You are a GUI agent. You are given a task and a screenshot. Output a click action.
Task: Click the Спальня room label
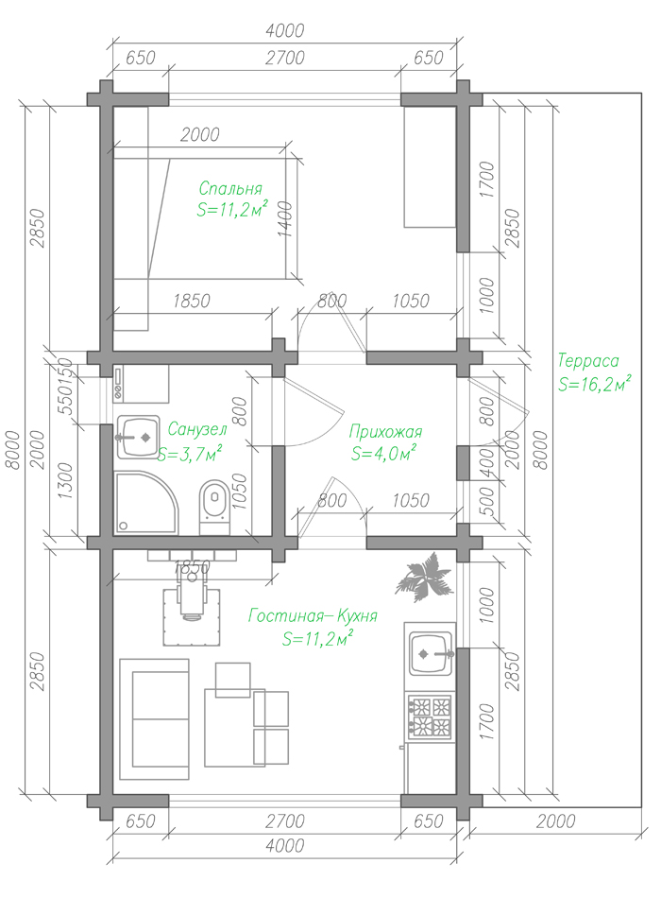click(230, 188)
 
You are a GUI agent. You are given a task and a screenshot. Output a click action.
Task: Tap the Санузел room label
click(197, 428)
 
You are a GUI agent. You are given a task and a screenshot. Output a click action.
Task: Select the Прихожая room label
click(385, 431)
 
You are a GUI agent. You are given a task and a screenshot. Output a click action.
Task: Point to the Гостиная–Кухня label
click(313, 615)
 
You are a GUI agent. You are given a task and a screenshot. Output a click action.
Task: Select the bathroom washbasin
click(138, 437)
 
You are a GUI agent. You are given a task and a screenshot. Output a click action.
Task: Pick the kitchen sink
click(431, 653)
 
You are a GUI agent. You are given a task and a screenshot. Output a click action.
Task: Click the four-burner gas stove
click(431, 716)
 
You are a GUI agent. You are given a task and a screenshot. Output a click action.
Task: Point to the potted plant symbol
click(424, 577)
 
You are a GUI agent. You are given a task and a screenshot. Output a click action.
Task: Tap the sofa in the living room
click(155, 718)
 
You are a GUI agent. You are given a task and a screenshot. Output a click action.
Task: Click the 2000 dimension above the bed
click(200, 134)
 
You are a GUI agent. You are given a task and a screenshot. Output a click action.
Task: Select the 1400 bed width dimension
click(286, 218)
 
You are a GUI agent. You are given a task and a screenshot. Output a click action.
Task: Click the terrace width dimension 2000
click(555, 821)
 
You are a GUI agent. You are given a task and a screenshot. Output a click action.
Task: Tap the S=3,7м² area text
click(190, 454)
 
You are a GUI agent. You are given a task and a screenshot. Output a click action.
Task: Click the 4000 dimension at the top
click(284, 30)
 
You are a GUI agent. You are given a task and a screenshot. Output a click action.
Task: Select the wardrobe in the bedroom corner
click(431, 166)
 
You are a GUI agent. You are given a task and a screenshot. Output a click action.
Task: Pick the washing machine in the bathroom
click(141, 384)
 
